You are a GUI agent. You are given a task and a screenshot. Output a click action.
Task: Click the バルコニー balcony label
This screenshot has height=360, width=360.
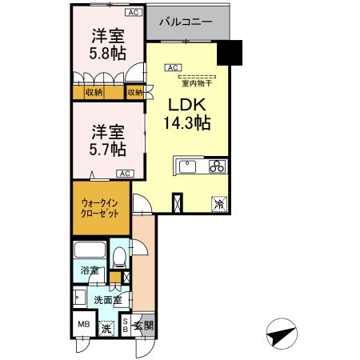click(x=184, y=23)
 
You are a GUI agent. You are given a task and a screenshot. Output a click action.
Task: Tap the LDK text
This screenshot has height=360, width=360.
click(x=187, y=105)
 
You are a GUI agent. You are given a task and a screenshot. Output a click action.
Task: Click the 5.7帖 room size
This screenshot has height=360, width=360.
click(x=107, y=150)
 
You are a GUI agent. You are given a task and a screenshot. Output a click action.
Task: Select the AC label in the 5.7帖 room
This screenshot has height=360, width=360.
click(x=125, y=173)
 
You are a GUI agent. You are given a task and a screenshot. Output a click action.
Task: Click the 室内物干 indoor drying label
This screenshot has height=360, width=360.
click(x=194, y=82)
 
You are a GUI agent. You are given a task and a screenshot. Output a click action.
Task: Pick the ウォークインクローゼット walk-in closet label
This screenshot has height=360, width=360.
click(x=100, y=210)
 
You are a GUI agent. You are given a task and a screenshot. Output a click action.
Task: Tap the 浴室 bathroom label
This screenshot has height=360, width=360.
click(x=88, y=270)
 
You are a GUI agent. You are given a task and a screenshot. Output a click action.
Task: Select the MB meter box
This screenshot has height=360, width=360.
click(x=83, y=325)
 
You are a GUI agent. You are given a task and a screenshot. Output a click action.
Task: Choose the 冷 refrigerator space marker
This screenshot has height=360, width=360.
click(x=218, y=203)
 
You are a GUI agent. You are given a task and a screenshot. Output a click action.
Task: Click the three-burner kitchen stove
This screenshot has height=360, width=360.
click(x=218, y=166)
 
